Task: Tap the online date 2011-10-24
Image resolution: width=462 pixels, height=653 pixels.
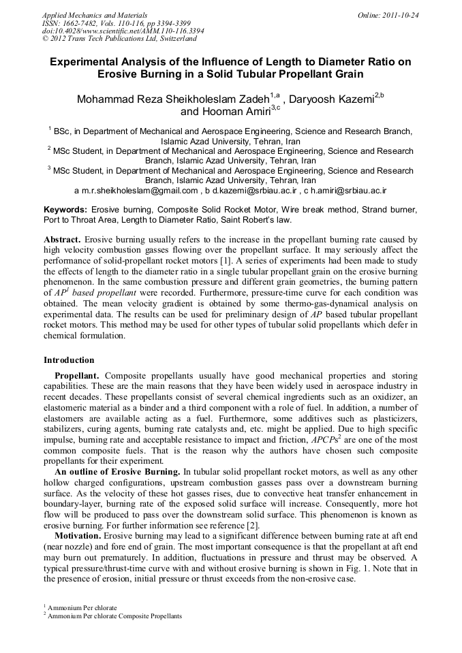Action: pyautogui.click(x=400, y=14)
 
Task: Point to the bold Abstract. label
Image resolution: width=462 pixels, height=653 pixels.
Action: pyautogui.click(x=63, y=240)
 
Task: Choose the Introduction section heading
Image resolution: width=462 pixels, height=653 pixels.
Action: pyautogui.click(x=70, y=360)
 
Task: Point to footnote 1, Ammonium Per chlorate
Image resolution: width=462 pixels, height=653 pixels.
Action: pyautogui.click(x=82, y=607)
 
